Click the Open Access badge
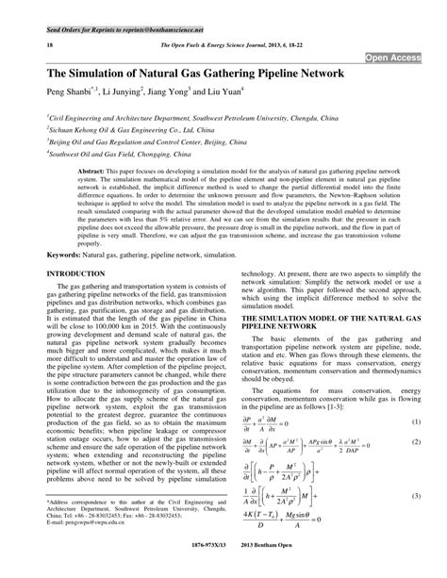click(393, 58)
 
